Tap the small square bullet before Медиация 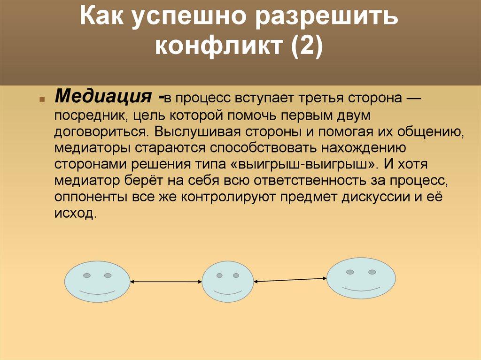pos(42,100)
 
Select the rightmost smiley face pos(361,277)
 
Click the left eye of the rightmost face pos(350,272)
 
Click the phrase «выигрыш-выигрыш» pos(303,165)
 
